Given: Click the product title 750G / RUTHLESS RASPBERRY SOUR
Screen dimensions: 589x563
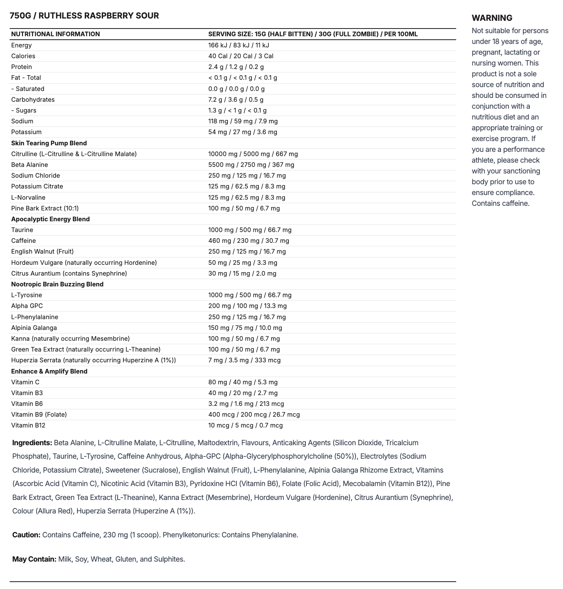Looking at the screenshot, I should point(84,16).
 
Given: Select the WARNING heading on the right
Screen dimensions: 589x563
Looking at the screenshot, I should point(492,18).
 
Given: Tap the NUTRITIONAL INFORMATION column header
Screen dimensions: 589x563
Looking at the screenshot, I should point(55,34).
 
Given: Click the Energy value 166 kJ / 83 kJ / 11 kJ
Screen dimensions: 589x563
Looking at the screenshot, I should point(238,45).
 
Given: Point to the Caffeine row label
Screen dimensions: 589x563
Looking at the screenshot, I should point(24,241).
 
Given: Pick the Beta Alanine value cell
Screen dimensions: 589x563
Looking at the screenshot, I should point(251,165).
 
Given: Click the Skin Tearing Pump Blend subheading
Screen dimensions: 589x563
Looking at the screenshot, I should point(49,143).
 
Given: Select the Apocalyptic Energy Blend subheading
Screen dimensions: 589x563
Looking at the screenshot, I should point(51,219).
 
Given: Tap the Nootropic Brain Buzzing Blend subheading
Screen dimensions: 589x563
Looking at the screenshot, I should point(57,284).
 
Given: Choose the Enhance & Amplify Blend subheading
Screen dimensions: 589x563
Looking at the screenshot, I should point(49,371).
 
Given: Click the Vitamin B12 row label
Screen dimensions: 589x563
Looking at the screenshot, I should point(28,425).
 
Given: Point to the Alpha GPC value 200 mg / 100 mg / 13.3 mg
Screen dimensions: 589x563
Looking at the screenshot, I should point(247,306).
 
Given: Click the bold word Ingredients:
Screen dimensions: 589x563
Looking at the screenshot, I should point(32,443).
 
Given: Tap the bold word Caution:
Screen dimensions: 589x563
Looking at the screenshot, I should point(26,535).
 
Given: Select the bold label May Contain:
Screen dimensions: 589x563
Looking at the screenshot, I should point(34,559).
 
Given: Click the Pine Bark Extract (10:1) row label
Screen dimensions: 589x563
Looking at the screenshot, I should point(45,208).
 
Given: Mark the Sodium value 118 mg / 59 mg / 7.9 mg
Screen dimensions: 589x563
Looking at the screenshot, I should point(243,121).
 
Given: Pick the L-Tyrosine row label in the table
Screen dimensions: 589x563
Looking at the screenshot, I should point(27,295).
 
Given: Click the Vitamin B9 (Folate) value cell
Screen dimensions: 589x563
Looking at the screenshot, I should point(254,414).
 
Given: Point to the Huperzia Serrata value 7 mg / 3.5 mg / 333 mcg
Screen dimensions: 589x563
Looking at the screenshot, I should point(244,360).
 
